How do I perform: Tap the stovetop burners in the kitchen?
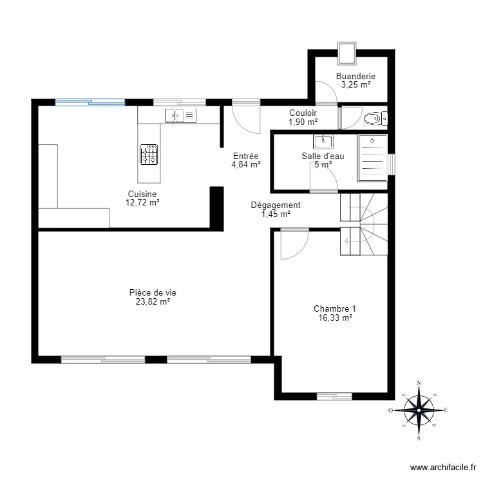tap(149, 155)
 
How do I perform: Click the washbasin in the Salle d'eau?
tap(323, 141)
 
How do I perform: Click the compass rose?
tap(419, 410)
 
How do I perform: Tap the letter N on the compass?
tap(419, 383)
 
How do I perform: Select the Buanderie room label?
tap(355, 76)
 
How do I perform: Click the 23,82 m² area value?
tap(153, 301)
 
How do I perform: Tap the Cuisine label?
tap(142, 194)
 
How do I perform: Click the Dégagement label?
tap(276, 205)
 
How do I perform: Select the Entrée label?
tap(245, 156)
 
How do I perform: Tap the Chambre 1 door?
tap(294, 245)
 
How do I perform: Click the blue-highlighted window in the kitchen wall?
tap(90, 102)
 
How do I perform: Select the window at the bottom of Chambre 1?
tap(334, 395)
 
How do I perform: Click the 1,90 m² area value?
tap(303, 122)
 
